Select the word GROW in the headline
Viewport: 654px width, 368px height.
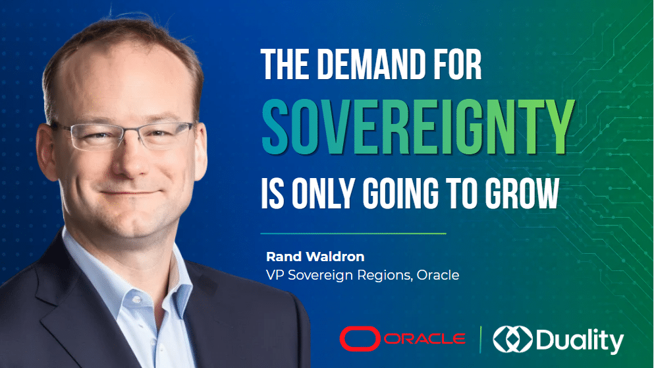522,193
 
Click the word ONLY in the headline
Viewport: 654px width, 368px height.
323,193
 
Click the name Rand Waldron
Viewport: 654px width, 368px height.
315,257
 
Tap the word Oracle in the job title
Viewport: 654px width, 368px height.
438,275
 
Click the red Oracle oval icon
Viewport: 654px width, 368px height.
360,338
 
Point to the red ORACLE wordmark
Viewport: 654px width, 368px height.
425,339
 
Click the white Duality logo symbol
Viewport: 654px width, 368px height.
512,339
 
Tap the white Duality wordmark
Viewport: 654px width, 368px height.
580,340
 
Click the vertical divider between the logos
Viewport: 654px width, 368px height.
481,339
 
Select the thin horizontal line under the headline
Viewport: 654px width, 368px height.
353,233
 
